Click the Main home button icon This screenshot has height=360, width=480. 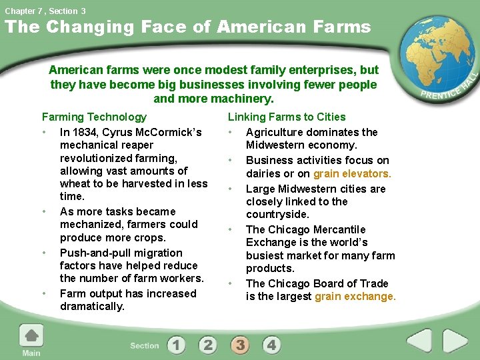[31, 336]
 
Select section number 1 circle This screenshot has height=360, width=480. [177, 345]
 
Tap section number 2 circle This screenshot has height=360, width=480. [208, 345]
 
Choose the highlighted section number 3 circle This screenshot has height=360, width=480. [240, 345]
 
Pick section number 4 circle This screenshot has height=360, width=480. [271, 345]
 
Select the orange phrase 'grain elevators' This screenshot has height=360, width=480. [352, 173]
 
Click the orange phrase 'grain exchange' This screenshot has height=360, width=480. [355, 296]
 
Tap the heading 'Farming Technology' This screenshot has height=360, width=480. [94, 117]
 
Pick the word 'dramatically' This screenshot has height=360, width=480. [92, 306]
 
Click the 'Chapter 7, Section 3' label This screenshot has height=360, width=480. [45, 11]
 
